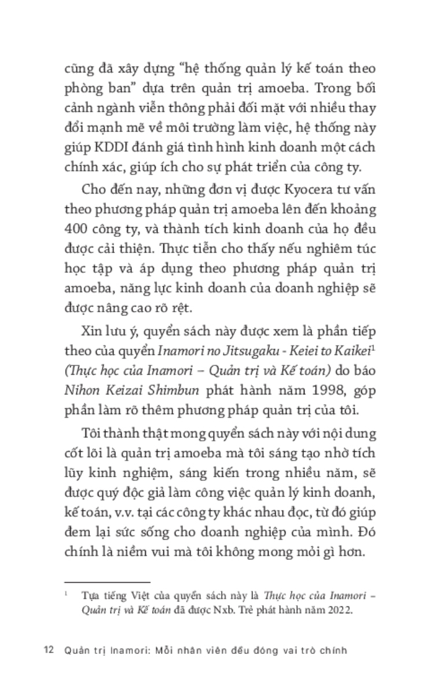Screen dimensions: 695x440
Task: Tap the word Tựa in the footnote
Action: (x=90, y=595)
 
